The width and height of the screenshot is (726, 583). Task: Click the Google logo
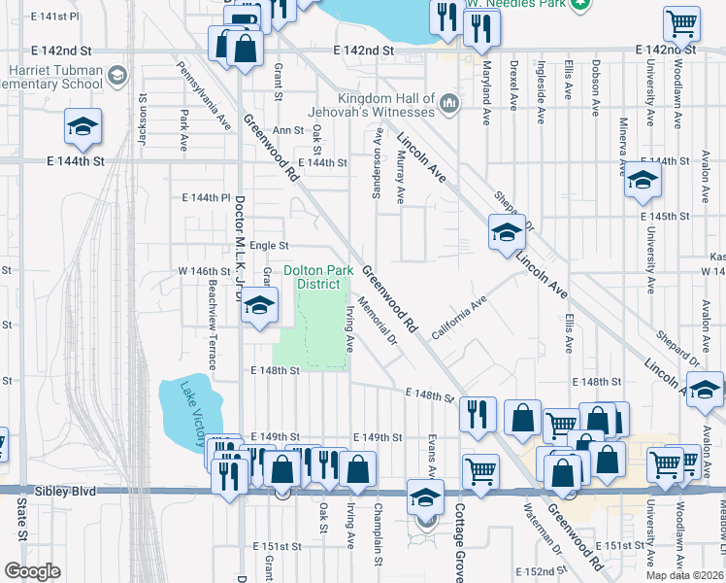pyautogui.click(x=32, y=571)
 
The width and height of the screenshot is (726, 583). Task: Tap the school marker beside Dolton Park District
pyautogui.click(x=259, y=305)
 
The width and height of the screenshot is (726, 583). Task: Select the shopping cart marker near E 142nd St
pyautogui.click(x=682, y=23)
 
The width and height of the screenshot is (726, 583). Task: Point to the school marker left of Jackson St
pyautogui.click(x=83, y=126)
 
